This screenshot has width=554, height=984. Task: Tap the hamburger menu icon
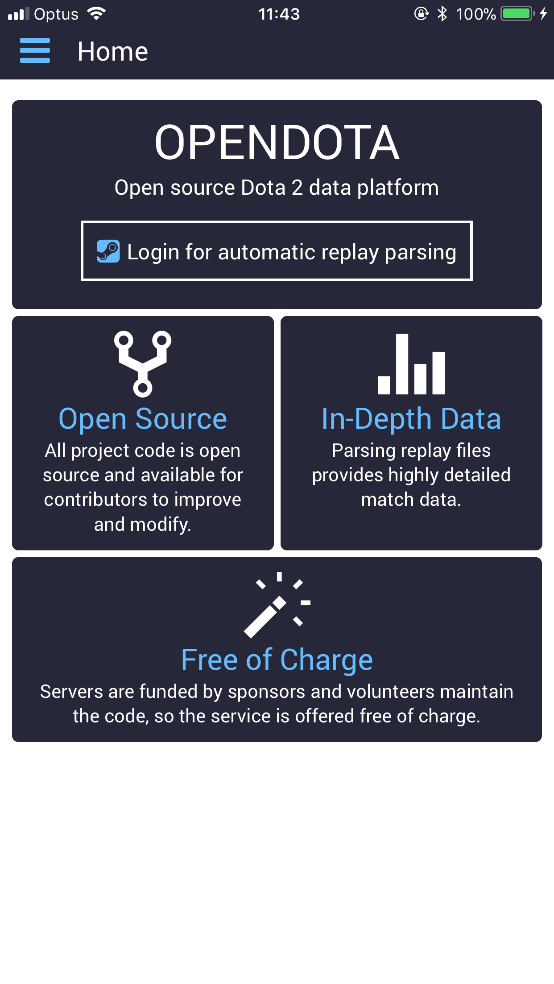point(35,50)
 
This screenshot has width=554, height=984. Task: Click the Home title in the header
point(112,51)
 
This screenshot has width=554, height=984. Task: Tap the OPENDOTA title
point(277,143)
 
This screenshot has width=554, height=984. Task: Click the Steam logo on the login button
point(108,251)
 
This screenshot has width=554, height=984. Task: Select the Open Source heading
point(143,419)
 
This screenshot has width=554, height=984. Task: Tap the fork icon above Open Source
point(143,364)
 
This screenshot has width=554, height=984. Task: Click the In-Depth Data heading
point(411,419)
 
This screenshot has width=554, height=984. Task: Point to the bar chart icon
point(411,364)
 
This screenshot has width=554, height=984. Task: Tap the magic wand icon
point(277,605)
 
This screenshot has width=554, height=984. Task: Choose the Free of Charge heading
point(277,660)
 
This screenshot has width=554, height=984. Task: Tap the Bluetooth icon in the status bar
point(442,14)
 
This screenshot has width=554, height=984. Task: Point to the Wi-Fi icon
point(96,13)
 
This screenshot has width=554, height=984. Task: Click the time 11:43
point(279,14)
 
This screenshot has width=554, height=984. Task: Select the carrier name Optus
point(56,14)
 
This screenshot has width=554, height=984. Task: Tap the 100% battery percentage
point(476,14)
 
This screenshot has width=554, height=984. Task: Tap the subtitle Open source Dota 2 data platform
point(277,188)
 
